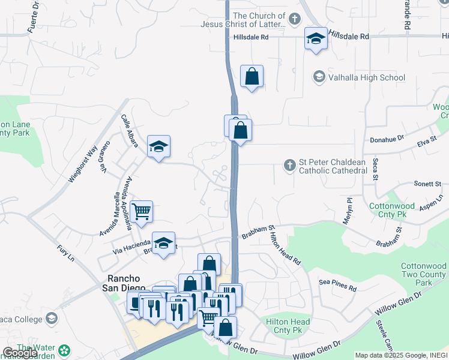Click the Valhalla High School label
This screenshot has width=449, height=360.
367,77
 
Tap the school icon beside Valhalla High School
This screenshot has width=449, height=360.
319,77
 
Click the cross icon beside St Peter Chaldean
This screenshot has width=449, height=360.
290,164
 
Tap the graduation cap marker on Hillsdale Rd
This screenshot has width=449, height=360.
316,39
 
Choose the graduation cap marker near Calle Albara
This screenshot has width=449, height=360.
158,146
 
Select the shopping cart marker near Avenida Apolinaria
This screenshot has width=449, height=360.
142,211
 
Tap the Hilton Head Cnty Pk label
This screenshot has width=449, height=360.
288,326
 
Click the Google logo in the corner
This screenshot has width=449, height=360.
20,352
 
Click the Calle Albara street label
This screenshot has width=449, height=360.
130,131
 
